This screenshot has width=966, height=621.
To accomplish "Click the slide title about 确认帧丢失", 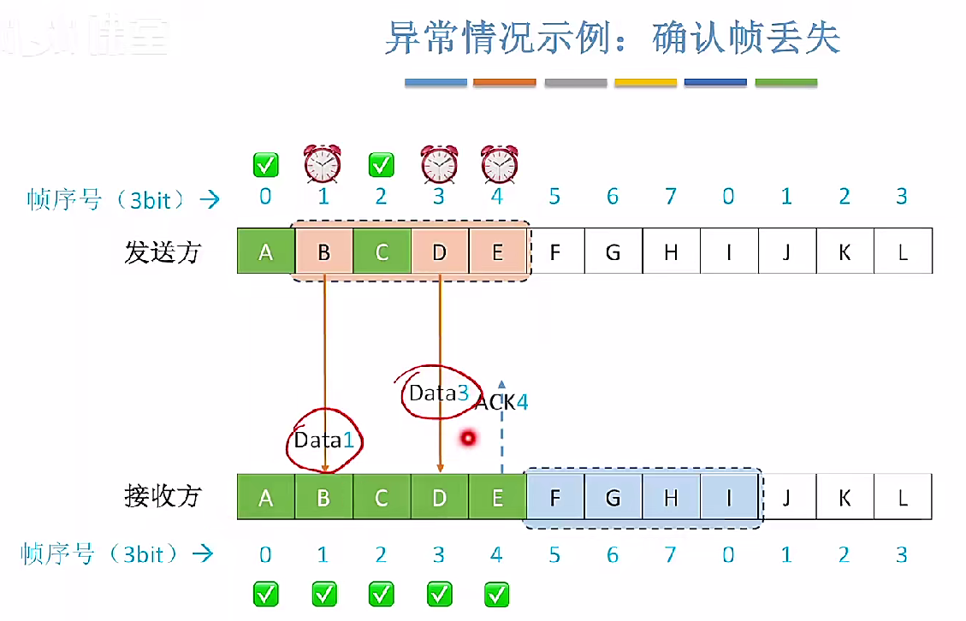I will point(612,38).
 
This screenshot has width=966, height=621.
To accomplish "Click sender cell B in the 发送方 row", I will point(324,251).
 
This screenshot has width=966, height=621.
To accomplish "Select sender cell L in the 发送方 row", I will point(903,251).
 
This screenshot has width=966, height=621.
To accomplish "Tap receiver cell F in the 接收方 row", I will point(555,497).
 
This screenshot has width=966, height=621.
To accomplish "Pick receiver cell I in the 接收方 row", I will point(729,497).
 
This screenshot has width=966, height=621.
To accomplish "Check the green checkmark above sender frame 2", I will point(381,163).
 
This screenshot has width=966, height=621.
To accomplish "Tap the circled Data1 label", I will point(323,440).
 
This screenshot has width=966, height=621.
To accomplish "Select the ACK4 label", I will point(502,401).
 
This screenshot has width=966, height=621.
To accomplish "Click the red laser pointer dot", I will point(467,439).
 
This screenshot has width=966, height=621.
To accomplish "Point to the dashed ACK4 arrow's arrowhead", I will point(502,383).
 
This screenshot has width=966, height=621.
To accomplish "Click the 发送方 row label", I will point(163,252).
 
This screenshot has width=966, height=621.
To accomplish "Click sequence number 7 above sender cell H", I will point(671,198).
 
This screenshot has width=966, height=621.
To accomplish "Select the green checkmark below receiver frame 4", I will point(497,593).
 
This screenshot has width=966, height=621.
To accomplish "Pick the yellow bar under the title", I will point(646,83).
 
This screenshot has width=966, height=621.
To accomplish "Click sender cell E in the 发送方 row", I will point(498,251).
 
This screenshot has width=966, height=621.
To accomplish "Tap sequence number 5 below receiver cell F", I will point(554,555).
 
